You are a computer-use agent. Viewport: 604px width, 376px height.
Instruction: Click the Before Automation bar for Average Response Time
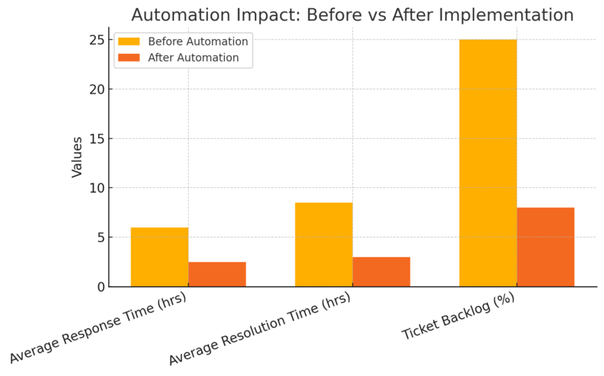tap(160, 257)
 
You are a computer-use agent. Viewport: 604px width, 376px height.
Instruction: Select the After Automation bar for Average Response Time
tap(217, 274)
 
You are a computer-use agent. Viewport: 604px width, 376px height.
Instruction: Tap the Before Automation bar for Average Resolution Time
tap(324, 245)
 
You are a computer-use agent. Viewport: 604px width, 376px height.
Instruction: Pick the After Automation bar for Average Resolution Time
tap(381, 272)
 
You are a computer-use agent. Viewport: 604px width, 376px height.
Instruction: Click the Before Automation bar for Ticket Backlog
tap(488, 163)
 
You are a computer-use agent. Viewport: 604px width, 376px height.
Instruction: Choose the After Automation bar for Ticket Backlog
tap(546, 247)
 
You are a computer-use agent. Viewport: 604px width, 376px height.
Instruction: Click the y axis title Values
tap(78, 157)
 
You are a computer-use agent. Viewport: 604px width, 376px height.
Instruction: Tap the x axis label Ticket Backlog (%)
tap(458, 317)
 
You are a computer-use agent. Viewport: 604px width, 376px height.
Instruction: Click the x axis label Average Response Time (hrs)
tap(98, 328)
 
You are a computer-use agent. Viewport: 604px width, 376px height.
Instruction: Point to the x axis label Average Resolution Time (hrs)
tap(259, 328)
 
